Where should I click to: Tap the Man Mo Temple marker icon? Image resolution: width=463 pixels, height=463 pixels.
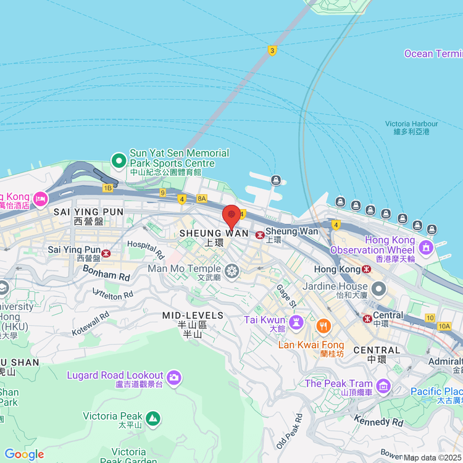(232, 270)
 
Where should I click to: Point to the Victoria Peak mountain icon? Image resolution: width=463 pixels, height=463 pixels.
(153, 418)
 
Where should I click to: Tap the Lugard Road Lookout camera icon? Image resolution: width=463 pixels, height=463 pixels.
(174, 376)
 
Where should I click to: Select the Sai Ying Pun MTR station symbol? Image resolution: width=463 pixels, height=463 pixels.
(107, 252)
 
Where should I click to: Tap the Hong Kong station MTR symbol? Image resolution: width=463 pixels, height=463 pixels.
(367, 269)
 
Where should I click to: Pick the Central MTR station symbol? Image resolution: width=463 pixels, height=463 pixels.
(367, 319)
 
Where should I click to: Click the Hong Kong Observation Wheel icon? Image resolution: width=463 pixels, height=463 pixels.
(425, 248)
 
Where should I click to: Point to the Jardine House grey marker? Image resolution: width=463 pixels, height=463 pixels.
(378, 288)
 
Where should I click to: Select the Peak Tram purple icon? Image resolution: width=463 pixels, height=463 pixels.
(384, 386)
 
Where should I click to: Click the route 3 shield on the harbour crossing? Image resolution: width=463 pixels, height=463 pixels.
(272, 50)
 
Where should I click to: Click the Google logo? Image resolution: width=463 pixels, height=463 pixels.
(24, 454)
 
